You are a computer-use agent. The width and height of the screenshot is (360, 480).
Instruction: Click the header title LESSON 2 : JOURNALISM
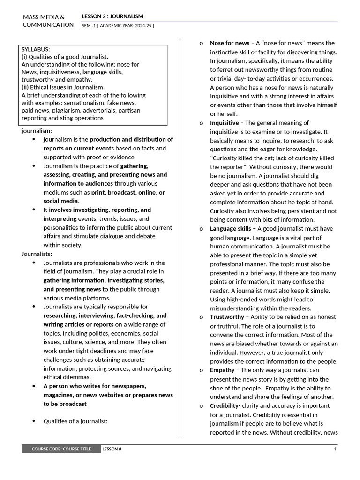tap(112, 16)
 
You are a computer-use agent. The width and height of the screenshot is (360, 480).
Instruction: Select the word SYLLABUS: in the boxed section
tap(36, 49)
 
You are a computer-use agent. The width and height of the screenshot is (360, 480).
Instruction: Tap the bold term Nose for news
tap(230, 43)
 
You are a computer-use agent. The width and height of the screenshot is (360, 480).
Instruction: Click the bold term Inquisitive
tap(224, 123)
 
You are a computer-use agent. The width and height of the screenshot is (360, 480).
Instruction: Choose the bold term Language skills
tap(231, 229)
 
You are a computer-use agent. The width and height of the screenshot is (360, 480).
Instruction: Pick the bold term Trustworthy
tap(227, 317)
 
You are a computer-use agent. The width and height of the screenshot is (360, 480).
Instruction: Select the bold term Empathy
tap(222, 370)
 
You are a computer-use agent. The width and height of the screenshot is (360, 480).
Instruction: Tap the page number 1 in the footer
tap(335, 449)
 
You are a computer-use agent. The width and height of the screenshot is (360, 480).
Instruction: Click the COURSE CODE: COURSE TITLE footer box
tap(61, 449)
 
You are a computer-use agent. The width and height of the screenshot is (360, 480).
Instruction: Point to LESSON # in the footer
tap(112, 449)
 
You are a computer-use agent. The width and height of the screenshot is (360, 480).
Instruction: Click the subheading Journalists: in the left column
tap(37, 254)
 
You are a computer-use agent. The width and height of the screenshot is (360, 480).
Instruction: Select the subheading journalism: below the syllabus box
tap(37, 131)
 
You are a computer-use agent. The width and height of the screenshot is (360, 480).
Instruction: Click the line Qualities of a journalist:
tap(75, 421)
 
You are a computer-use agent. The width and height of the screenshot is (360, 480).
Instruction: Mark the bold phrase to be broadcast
tap(65, 404)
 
